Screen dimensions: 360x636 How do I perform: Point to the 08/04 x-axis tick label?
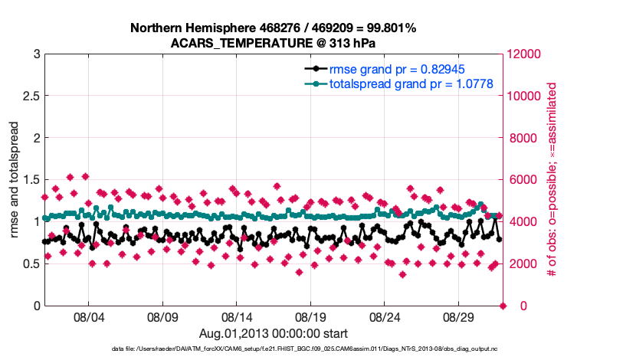[87, 316]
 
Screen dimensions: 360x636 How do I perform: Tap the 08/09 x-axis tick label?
[162, 316]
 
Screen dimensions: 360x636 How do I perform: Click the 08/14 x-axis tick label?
[236, 316]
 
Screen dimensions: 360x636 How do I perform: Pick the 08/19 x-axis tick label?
[310, 316]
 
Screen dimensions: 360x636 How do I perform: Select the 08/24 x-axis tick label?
[385, 316]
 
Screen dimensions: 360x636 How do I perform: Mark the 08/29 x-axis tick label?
[459, 316]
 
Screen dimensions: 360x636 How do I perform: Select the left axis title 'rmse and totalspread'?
[15, 179]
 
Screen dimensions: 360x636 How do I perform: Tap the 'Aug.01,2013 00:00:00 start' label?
[273, 333]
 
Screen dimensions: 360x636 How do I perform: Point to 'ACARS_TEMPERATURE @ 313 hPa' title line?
[273, 42]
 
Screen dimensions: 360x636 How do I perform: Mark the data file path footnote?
[273, 349]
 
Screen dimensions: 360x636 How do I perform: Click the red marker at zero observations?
[503, 306]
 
